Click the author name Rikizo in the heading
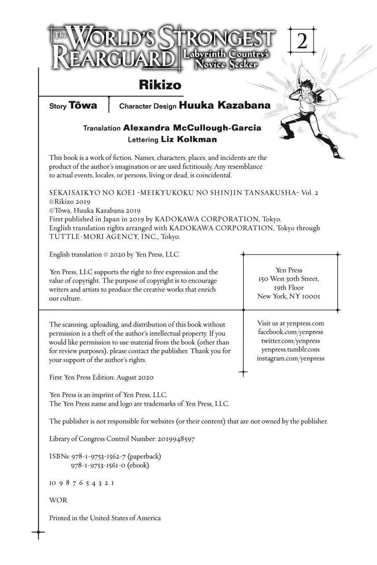coord(160,85)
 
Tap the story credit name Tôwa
coord(83,105)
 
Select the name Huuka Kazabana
coord(225,105)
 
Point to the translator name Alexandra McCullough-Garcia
coord(192,128)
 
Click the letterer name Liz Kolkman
coord(188,139)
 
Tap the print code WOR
coord(58,500)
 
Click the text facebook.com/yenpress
coord(290,332)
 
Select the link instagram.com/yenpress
coord(290,358)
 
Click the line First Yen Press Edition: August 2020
coord(101,378)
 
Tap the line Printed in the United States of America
coord(105,518)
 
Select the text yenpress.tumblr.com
coord(290,349)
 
